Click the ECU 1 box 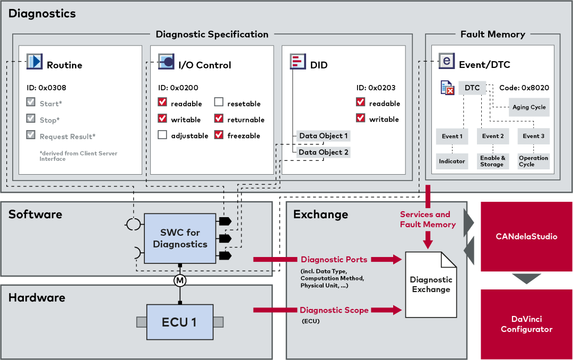point(180,322)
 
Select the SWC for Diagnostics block point(180,238)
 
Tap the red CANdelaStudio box point(527,236)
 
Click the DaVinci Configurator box point(527,324)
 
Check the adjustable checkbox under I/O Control point(162,135)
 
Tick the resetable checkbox point(219,103)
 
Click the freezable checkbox point(219,135)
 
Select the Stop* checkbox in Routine point(31,120)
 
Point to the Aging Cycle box point(529,107)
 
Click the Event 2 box point(493,136)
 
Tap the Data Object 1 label point(323,136)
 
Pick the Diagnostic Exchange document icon point(431,284)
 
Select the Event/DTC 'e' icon point(447,61)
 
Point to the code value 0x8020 point(535,88)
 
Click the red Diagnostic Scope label point(334,310)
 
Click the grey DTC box point(472,88)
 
